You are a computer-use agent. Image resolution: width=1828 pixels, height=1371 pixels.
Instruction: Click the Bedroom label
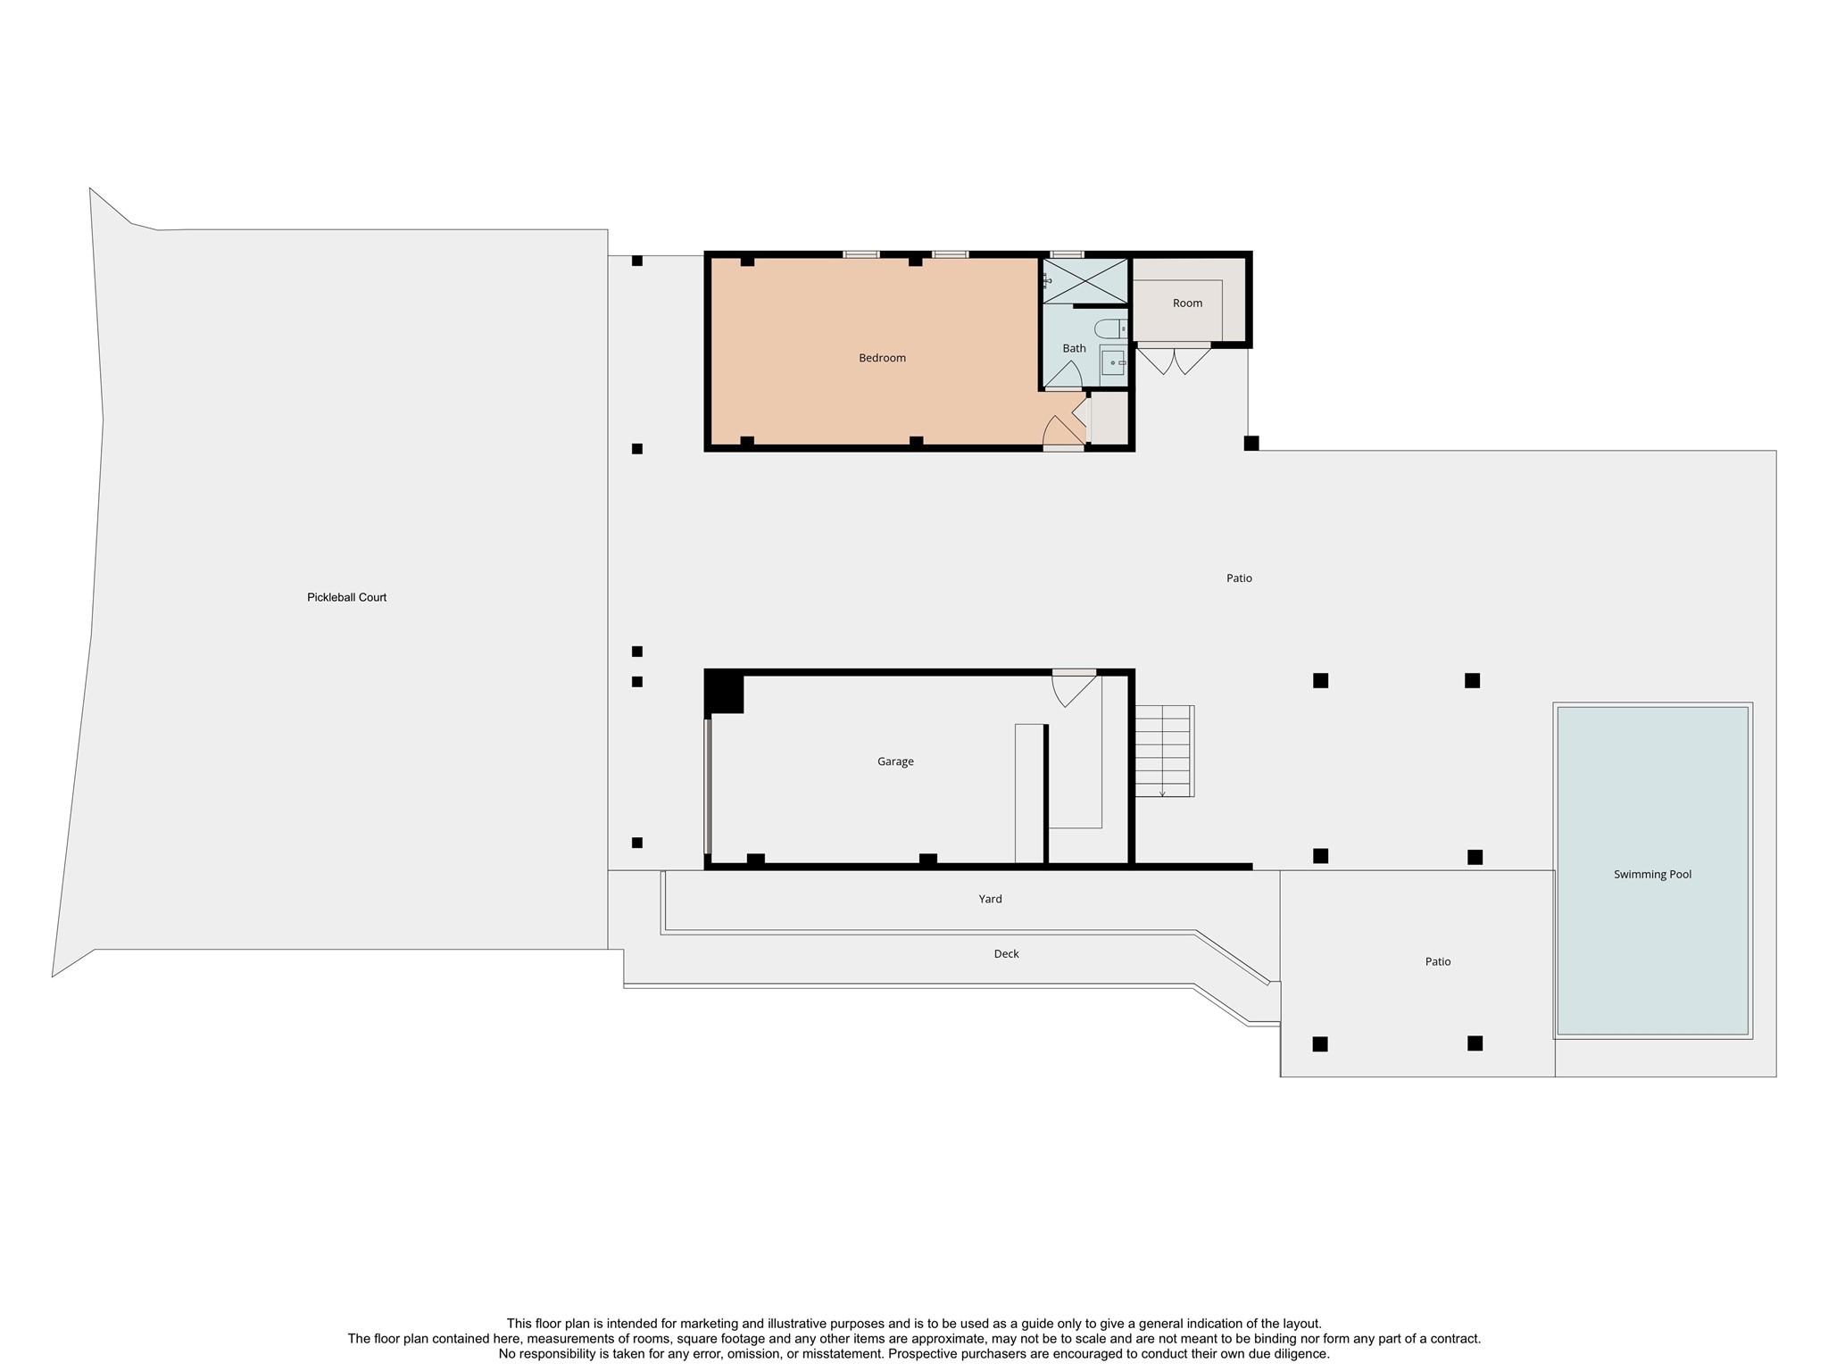tap(882, 358)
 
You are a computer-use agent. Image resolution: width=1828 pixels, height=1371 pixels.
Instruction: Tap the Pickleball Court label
tap(346, 597)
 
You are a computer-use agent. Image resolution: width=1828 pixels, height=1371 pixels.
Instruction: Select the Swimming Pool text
tap(1652, 874)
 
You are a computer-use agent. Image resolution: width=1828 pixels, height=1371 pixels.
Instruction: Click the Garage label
tap(895, 761)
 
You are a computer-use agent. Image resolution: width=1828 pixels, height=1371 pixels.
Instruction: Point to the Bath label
tap(1074, 348)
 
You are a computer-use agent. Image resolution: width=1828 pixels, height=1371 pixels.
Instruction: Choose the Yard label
tap(990, 899)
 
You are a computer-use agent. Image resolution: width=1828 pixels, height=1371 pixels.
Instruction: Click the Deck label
tap(1006, 953)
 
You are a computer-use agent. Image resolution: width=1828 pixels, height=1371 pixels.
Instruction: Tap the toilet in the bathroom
tap(1111, 328)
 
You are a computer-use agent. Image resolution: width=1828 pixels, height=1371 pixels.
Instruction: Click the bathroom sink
tap(1113, 362)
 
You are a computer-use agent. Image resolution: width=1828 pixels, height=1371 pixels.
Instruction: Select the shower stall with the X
tap(1084, 281)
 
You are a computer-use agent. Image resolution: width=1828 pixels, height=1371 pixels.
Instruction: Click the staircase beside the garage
tap(1164, 751)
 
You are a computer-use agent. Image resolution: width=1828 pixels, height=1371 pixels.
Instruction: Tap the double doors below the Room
tap(1174, 359)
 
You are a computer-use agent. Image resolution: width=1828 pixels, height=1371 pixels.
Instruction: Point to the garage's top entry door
tap(1074, 686)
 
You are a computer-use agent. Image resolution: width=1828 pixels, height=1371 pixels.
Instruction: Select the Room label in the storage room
tap(1187, 303)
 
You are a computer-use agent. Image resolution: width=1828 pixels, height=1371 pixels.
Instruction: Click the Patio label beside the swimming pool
tap(1437, 961)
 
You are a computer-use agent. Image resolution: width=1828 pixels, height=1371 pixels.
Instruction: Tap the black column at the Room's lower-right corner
tap(1251, 443)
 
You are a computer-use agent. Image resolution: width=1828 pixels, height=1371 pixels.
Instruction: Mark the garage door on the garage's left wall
tap(708, 786)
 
